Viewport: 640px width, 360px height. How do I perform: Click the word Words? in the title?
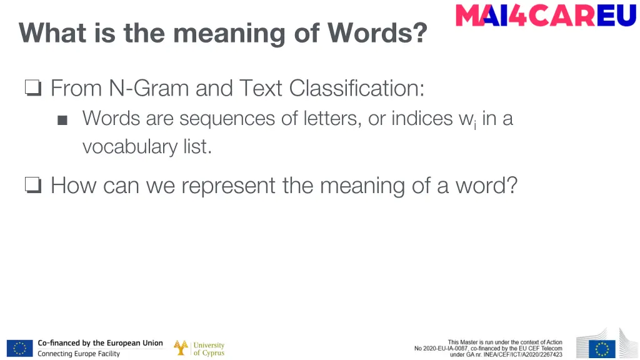click(x=377, y=32)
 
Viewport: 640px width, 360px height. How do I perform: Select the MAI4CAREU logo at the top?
click(x=546, y=16)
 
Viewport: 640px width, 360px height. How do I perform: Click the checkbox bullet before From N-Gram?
click(x=33, y=89)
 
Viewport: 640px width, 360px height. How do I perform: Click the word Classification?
click(x=357, y=89)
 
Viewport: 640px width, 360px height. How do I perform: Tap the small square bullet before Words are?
click(x=62, y=120)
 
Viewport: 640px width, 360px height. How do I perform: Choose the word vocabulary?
click(x=122, y=147)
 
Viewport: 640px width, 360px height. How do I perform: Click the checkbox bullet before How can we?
click(x=33, y=186)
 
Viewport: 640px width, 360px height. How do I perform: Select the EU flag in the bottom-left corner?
click(x=19, y=348)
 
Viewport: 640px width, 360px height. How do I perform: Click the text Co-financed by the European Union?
click(x=100, y=343)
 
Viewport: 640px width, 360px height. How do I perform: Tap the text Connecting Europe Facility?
click(x=79, y=354)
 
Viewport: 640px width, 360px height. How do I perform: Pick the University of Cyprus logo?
click(x=199, y=348)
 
